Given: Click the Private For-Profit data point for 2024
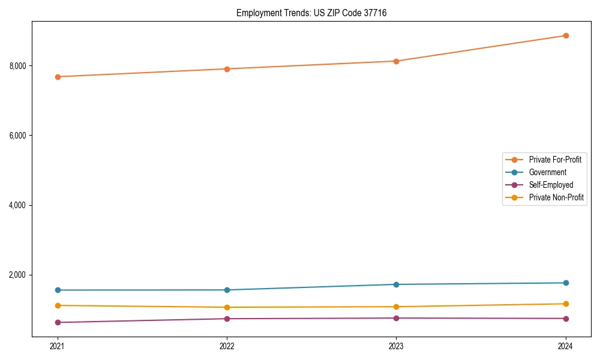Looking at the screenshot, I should (x=566, y=35).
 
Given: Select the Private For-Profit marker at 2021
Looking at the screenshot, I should (x=58, y=77).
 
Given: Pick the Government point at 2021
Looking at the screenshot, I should (x=58, y=290).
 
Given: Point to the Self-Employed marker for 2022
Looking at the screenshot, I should (x=227, y=319).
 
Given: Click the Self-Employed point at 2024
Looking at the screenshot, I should (x=566, y=319).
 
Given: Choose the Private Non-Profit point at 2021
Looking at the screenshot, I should (x=58, y=305).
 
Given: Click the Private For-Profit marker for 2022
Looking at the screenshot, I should (x=227, y=69).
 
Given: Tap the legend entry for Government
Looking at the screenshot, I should (x=547, y=172).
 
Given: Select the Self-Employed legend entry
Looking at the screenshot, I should (x=551, y=185).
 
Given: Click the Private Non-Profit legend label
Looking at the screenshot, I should (x=556, y=197).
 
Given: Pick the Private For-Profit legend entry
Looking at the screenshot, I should (x=555, y=160).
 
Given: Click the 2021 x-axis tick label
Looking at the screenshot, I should (x=58, y=346).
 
